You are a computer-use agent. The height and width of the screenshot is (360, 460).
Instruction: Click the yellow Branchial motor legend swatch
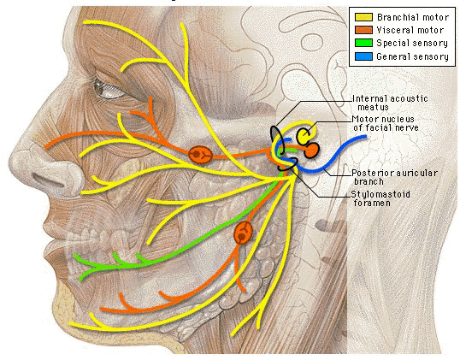(x=363, y=17)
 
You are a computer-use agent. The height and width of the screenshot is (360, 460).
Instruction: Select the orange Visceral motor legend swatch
(x=363, y=30)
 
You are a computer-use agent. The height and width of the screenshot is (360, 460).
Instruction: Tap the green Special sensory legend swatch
(x=363, y=43)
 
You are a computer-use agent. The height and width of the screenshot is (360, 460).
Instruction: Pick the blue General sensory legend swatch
(x=363, y=56)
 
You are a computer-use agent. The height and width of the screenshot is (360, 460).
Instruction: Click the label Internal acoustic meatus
(x=390, y=103)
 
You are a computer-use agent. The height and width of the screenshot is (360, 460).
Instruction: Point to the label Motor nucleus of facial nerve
(x=386, y=123)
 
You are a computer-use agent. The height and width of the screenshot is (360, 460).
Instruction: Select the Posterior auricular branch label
(x=394, y=177)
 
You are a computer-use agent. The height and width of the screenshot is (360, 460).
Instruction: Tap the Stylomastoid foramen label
(x=380, y=198)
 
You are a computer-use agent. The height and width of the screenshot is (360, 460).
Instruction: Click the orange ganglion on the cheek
(x=200, y=155)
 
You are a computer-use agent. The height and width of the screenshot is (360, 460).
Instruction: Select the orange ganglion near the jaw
(x=243, y=233)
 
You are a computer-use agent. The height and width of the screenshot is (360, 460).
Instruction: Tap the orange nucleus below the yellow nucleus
(x=311, y=150)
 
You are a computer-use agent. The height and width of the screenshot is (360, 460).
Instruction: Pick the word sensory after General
(x=430, y=56)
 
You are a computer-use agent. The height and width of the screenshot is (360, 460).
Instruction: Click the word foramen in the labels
(x=372, y=203)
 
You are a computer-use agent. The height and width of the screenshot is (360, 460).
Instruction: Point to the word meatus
(x=373, y=108)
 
